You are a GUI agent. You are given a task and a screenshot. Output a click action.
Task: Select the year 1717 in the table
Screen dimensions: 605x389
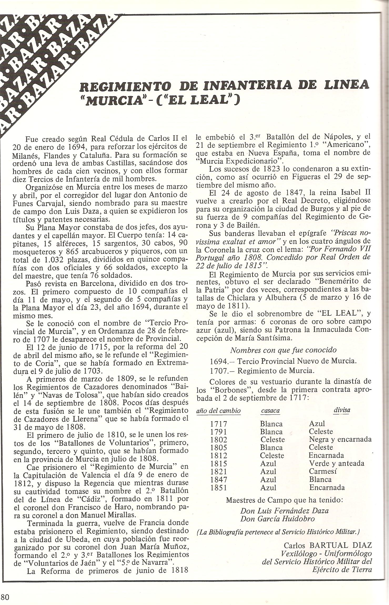[219, 424]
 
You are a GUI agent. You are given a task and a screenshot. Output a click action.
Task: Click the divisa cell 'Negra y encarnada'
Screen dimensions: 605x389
[340, 439]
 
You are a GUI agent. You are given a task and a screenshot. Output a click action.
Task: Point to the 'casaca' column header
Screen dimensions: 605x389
[270, 411]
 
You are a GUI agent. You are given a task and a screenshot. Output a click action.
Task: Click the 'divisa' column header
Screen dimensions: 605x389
[342, 410]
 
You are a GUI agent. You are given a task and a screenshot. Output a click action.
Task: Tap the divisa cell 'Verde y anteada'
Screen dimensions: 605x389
[337, 463]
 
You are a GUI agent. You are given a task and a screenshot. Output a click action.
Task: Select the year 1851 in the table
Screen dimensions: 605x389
[219, 487]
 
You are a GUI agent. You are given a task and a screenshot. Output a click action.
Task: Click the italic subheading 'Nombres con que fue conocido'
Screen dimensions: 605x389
[283, 350]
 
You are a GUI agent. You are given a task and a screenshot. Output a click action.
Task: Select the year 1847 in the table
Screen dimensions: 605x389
[219, 479]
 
